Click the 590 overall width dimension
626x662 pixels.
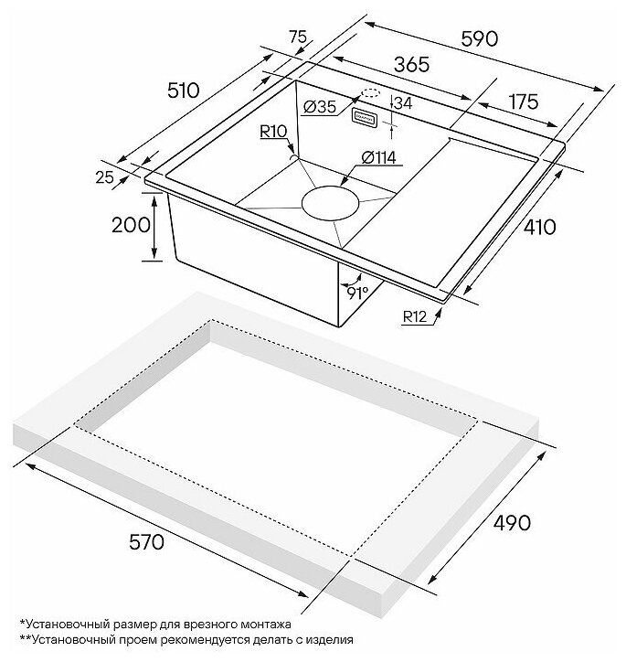[x=476, y=39]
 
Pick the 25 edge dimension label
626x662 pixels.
[x=104, y=177]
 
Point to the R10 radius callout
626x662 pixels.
[x=273, y=133]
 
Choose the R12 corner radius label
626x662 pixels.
[x=415, y=318]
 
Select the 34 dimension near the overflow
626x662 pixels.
[x=402, y=103]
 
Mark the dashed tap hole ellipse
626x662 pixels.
[x=369, y=92]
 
